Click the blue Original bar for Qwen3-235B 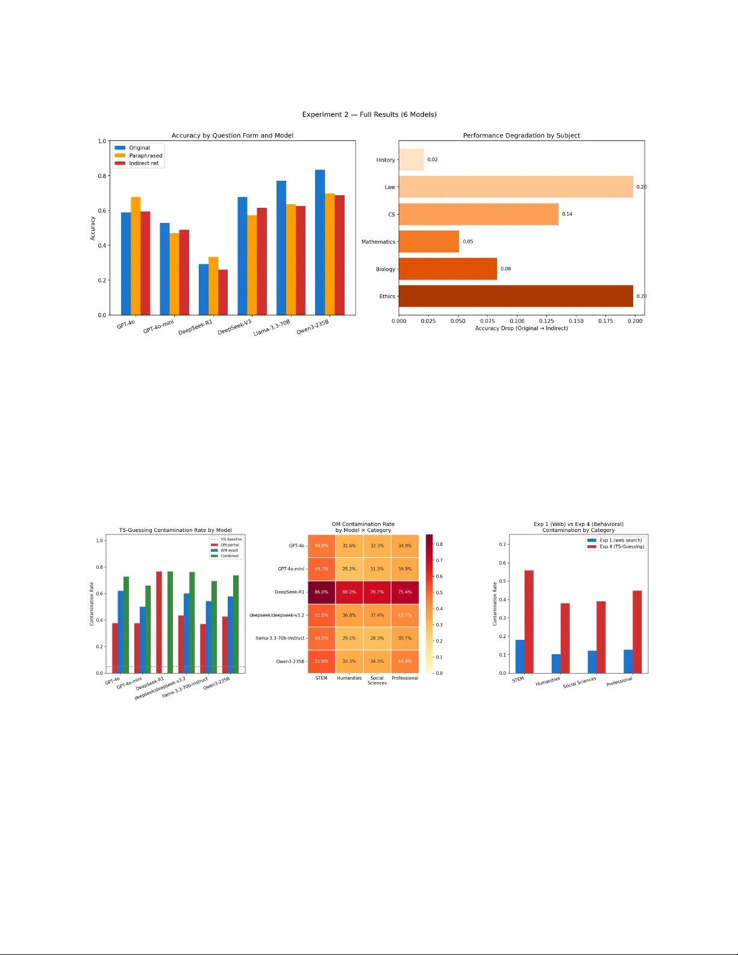click(320, 242)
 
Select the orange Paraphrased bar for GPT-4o click(136, 256)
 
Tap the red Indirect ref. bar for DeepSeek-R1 click(223, 292)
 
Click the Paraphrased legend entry click(145, 155)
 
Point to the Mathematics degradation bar click(429, 242)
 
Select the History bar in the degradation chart click(411, 160)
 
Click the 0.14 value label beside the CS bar click(567, 214)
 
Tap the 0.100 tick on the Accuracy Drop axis click(517, 321)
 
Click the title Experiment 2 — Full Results click(369, 114)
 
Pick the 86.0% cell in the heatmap click(322, 592)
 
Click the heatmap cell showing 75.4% click(405, 592)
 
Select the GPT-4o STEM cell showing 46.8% click(322, 546)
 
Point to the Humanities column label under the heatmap click(349, 678)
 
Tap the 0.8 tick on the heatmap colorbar click(439, 544)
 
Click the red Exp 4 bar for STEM click(529, 622)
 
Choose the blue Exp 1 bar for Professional click(628, 662)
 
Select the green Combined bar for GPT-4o click(126, 625)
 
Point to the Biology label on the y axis click(386, 269)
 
